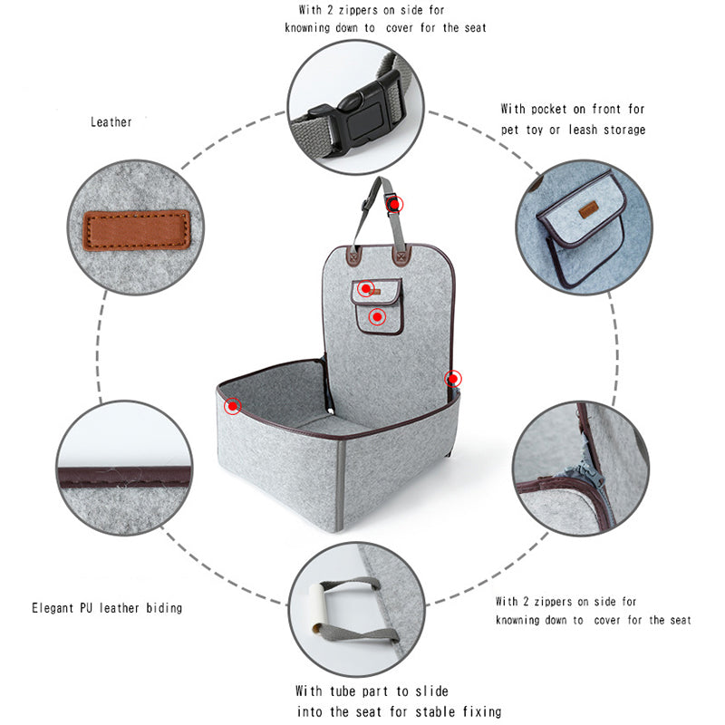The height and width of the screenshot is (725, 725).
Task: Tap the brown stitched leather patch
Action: pyautogui.click(x=137, y=230)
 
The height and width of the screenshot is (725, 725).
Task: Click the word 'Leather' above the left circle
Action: pyautogui.click(x=111, y=122)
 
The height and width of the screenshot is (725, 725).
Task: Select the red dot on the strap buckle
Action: pyautogui.click(x=394, y=204)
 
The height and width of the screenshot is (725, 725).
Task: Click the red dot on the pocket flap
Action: pyautogui.click(x=366, y=289)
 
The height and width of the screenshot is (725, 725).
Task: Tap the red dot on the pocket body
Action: pyautogui.click(x=377, y=316)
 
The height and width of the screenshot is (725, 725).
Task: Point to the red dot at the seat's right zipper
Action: pyautogui.click(x=453, y=379)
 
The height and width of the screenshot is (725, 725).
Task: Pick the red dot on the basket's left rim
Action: pyautogui.click(x=233, y=406)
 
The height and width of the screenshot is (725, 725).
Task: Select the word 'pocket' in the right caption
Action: pyautogui.click(x=549, y=109)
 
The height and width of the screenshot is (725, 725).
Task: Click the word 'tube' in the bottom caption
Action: pyautogui.click(x=343, y=691)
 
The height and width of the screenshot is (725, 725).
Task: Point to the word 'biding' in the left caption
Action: pyautogui.click(x=164, y=607)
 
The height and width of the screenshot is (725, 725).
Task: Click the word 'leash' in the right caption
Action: pyautogui.click(x=583, y=130)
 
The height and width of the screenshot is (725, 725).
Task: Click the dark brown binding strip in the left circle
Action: pyautogui.click(x=124, y=477)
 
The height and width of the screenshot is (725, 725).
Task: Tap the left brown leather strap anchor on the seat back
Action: pyautogui.click(x=353, y=256)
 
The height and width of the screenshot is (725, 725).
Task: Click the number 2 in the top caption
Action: pyautogui.click(x=330, y=10)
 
